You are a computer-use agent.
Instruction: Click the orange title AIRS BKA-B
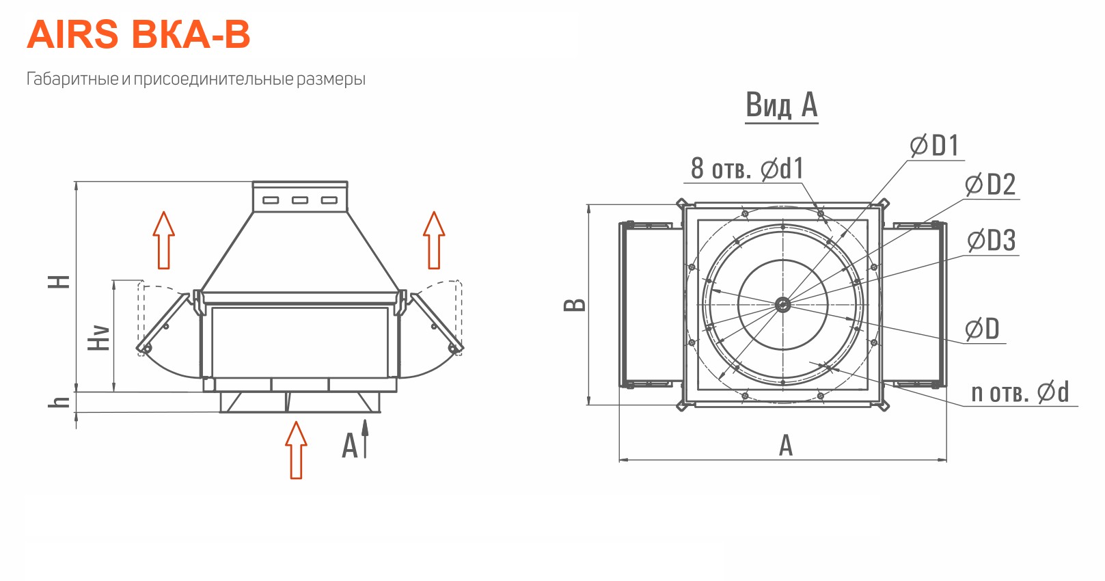139,35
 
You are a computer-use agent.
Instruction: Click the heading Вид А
781,105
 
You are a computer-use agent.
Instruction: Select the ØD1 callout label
935,146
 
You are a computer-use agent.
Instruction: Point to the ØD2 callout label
990,185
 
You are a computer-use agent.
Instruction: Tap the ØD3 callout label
991,241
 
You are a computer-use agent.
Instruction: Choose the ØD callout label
982,329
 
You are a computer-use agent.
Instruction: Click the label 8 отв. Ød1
748,168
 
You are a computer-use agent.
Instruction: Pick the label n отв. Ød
1020,393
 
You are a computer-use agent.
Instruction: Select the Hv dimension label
98,338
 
